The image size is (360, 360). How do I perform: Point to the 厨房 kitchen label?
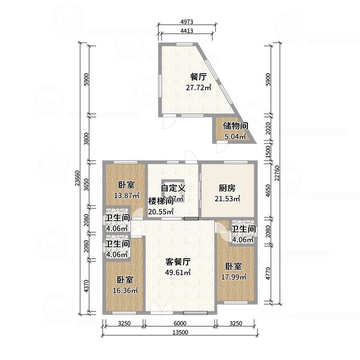pyautogui.click(x=228, y=188)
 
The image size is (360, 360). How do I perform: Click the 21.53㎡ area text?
pyautogui.click(x=229, y=198)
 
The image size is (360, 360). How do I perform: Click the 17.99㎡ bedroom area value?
pyautogui.click(x=234, y=277)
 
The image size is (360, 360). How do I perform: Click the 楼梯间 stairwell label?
pyautogui.click(x=158, y=201)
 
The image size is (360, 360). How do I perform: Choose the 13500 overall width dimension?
pyautogui.click(x=179, y=333)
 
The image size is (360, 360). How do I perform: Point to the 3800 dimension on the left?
pyautogui.click(x=87, y=137)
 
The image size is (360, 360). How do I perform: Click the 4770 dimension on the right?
pyautogui.click(x=269, y=274)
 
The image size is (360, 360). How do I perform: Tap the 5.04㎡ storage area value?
pyautogui.click(x=235, y=137)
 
